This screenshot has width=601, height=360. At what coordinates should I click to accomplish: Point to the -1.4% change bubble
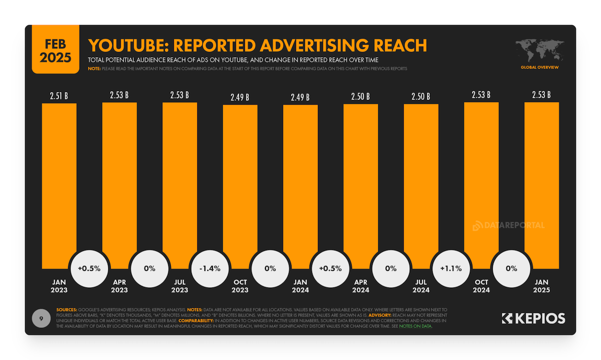point(210,268)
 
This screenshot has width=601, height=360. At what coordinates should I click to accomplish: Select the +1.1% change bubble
point(451,268)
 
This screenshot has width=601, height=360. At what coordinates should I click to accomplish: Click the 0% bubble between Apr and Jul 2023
point(150,268)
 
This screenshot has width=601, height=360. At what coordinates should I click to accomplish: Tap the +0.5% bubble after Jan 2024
point(330,268)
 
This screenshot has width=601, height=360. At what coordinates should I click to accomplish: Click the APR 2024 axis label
point(361,286)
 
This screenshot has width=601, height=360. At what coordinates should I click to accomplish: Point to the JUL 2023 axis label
point(180,286)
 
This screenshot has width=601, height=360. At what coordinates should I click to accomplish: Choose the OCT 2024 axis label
point(481,286)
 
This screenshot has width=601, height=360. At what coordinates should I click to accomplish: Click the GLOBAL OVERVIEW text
point(539,67)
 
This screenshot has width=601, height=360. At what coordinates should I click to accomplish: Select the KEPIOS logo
point(533,318)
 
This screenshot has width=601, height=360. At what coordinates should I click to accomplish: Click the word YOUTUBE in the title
point(127,46)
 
